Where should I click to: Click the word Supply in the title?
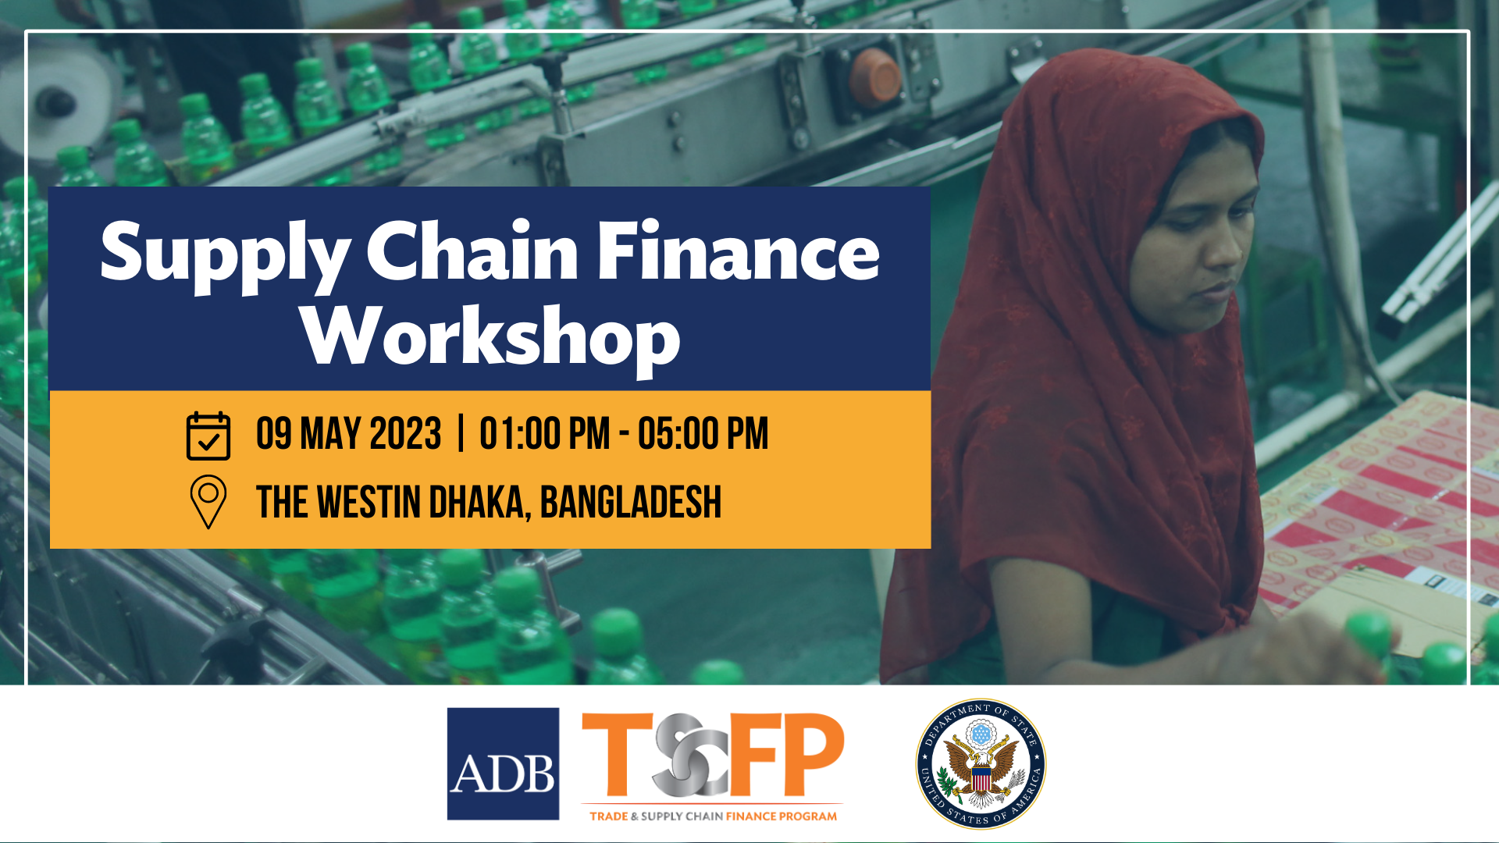(x=226, y=256)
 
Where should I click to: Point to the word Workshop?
(x=491, y=338)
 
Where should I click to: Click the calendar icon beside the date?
(x=208, y=436)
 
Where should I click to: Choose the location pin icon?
(x=208, y=502)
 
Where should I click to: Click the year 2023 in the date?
(x=405, y=434)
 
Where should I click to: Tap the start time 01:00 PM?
(x=545, y=434)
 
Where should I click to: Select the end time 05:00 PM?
(x=703, y=434)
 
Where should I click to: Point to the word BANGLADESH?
(x=631, y=502)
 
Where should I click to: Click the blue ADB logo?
(x=503, y=763)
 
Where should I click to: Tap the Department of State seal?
(x=981, y=763)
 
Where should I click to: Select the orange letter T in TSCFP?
(x=617, y=754)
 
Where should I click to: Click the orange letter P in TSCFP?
(x=813, y=754)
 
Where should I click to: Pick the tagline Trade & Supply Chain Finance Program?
(x=713, y=816)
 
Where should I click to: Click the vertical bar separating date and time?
(x=461, y=434)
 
